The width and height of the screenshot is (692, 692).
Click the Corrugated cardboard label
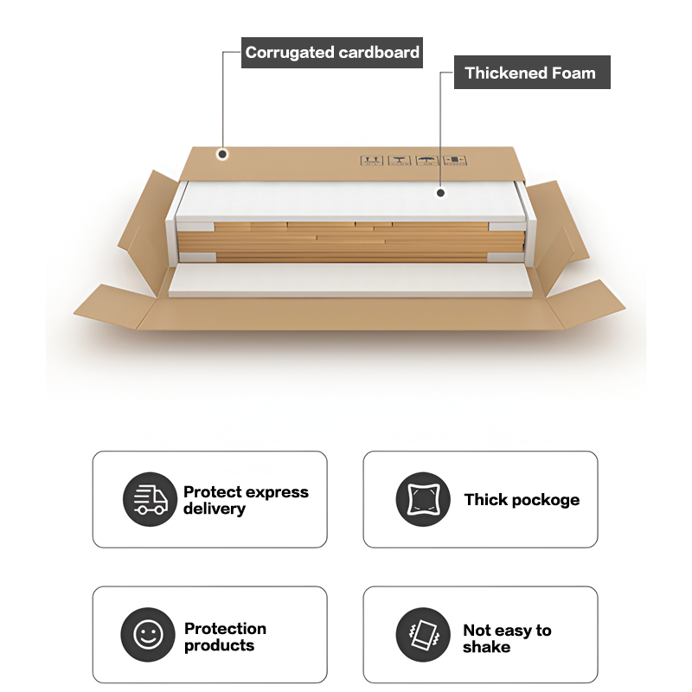pyautogui.click(x=332, y=53)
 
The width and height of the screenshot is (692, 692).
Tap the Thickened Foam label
pyautogui.click(x=530, y=74)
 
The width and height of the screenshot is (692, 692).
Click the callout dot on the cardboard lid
pyautogui.click(x=222, y=155)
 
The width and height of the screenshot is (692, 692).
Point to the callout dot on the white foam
pyautogui.click(x=440, y=193)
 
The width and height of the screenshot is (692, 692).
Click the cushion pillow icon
pyautogui.click(x=423, y=500)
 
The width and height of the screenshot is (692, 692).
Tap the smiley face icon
pyautogui.click(x=149, y=636)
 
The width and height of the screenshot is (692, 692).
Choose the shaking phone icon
pyautogui.click(x=423, y=636)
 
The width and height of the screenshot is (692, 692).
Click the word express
pyautogui.click(x=278, y=492)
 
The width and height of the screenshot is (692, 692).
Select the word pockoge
pyautogui.click(x=546, y=500)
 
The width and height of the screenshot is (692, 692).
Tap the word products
pyautogui.click(x=219, y=645)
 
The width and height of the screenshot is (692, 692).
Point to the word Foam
pyautogui.click(x=570, y=74)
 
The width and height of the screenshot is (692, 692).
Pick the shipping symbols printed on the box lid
pyautogui.click(x=413, y=161)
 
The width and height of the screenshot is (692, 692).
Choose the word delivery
pyautogui.click(x=214, y=509)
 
